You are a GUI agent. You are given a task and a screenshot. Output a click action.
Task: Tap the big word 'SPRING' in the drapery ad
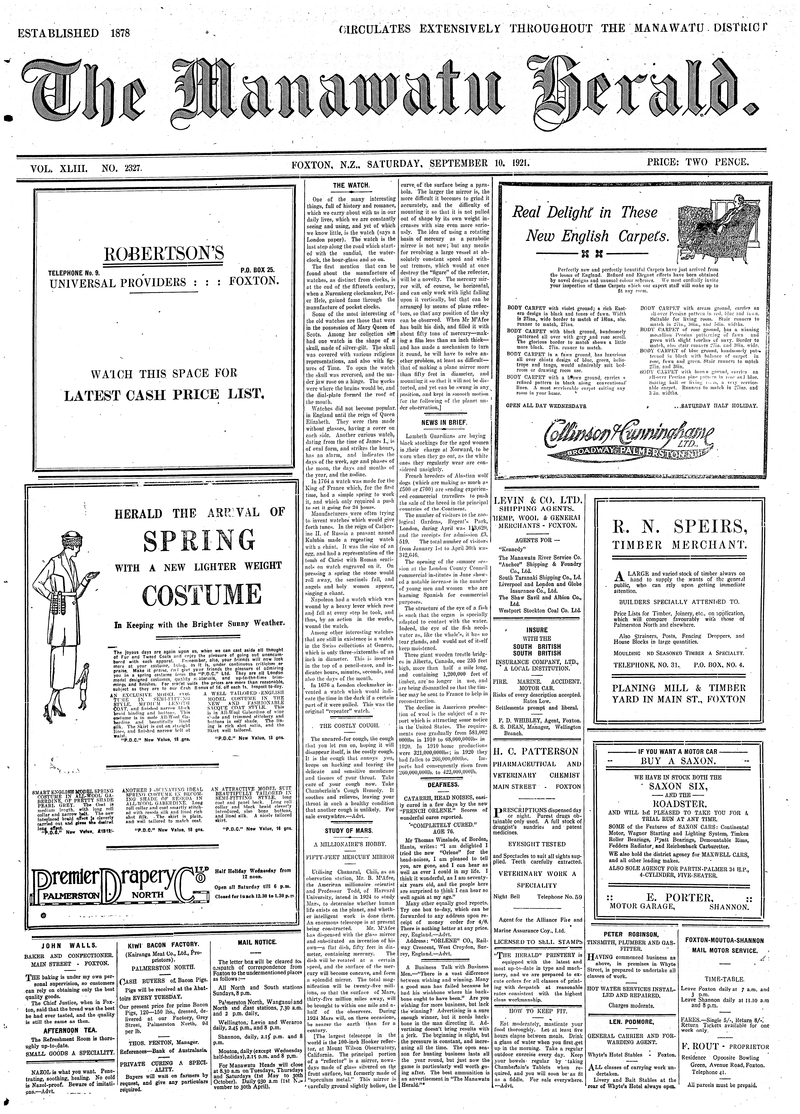[199, 541]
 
